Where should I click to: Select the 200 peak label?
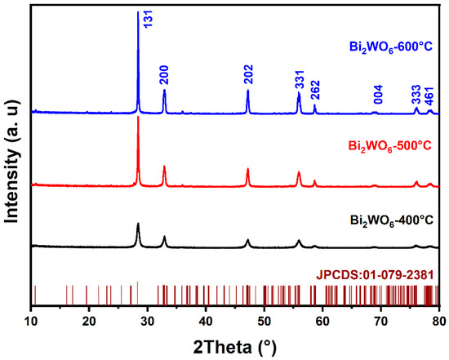point(165,76)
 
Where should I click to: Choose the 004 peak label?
point(377,96)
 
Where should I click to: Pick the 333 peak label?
point(417,95)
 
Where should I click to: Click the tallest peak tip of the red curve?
point(138,118)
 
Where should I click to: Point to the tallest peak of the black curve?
point(138,224)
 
